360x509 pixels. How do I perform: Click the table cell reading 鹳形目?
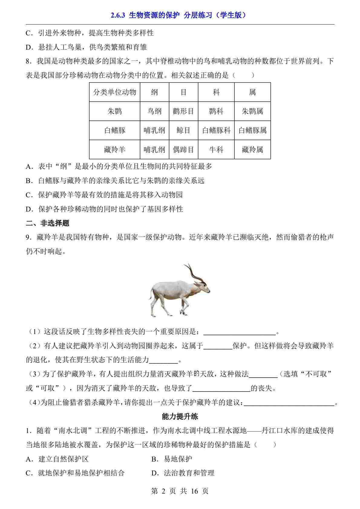(183, 111)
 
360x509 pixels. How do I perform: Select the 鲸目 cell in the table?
(183, 130)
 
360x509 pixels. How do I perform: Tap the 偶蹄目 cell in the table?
(183, 149)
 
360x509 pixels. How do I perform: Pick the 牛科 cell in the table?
(216, 149)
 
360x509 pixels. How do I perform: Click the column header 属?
(252, 92)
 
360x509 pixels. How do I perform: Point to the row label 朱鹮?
(114, 111)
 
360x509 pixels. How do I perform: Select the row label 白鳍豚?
(114, 130)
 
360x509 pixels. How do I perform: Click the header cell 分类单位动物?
(114, 92)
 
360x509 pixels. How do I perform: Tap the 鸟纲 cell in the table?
(154, 111)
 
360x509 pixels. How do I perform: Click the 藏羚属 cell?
(252, 149)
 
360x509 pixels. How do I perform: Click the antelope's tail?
(150, 295)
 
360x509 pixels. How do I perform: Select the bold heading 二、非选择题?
(47, 223)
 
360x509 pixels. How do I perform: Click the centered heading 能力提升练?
(180, 416)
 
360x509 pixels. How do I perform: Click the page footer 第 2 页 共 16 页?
(180, 491)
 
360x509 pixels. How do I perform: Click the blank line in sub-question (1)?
(240, 332)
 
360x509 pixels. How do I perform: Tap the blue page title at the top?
(180, 15)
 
